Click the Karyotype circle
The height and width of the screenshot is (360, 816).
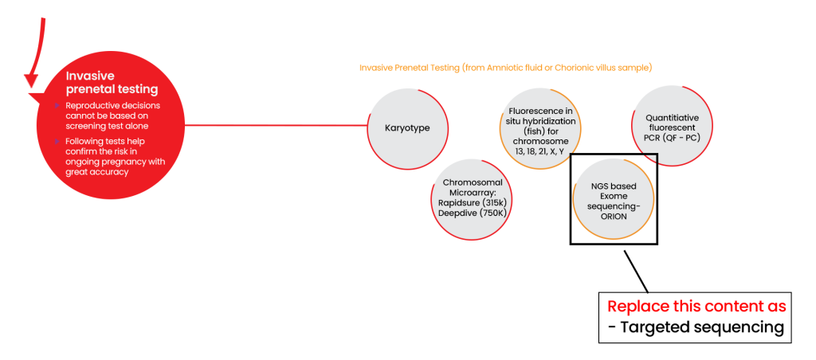(x=407, y=128)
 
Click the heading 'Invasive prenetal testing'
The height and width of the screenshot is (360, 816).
(x=112, y=83)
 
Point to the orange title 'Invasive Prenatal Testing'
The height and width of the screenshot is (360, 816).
(x=506, y=68)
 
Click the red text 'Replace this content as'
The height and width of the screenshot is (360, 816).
(x=697, y=307)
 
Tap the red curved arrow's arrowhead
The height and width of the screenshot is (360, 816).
(x=31, y=80)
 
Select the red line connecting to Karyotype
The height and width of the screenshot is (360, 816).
(x=276, y=125)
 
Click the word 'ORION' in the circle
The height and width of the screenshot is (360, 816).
(x=614, y=216)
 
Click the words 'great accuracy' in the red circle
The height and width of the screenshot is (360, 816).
(x=97, y=172)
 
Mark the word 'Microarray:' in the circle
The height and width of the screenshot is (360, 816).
(x=473, y=192)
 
